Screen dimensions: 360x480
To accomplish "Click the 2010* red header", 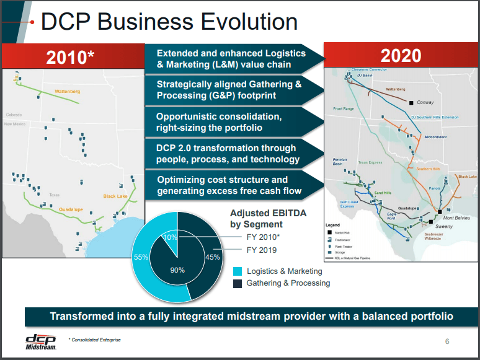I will (71, 57).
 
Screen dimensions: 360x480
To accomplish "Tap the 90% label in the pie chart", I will (177, 270).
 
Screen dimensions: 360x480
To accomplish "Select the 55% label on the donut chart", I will (141, 257).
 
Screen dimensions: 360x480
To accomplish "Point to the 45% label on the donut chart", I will (212, 257).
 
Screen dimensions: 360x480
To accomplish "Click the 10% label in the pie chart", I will (170, 237).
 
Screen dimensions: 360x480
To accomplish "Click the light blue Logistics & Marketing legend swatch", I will (238, 271).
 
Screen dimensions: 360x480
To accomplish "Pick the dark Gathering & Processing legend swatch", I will (238, 283).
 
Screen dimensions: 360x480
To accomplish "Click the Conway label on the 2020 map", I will (425, 102).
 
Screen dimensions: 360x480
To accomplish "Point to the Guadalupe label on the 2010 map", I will (71, 210).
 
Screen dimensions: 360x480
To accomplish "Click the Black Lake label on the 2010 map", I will (115, 196).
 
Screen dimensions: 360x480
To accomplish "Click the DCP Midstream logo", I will (41, 341).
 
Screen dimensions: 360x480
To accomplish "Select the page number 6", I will (447, 341).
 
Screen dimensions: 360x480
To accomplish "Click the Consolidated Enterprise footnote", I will (95, 340).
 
